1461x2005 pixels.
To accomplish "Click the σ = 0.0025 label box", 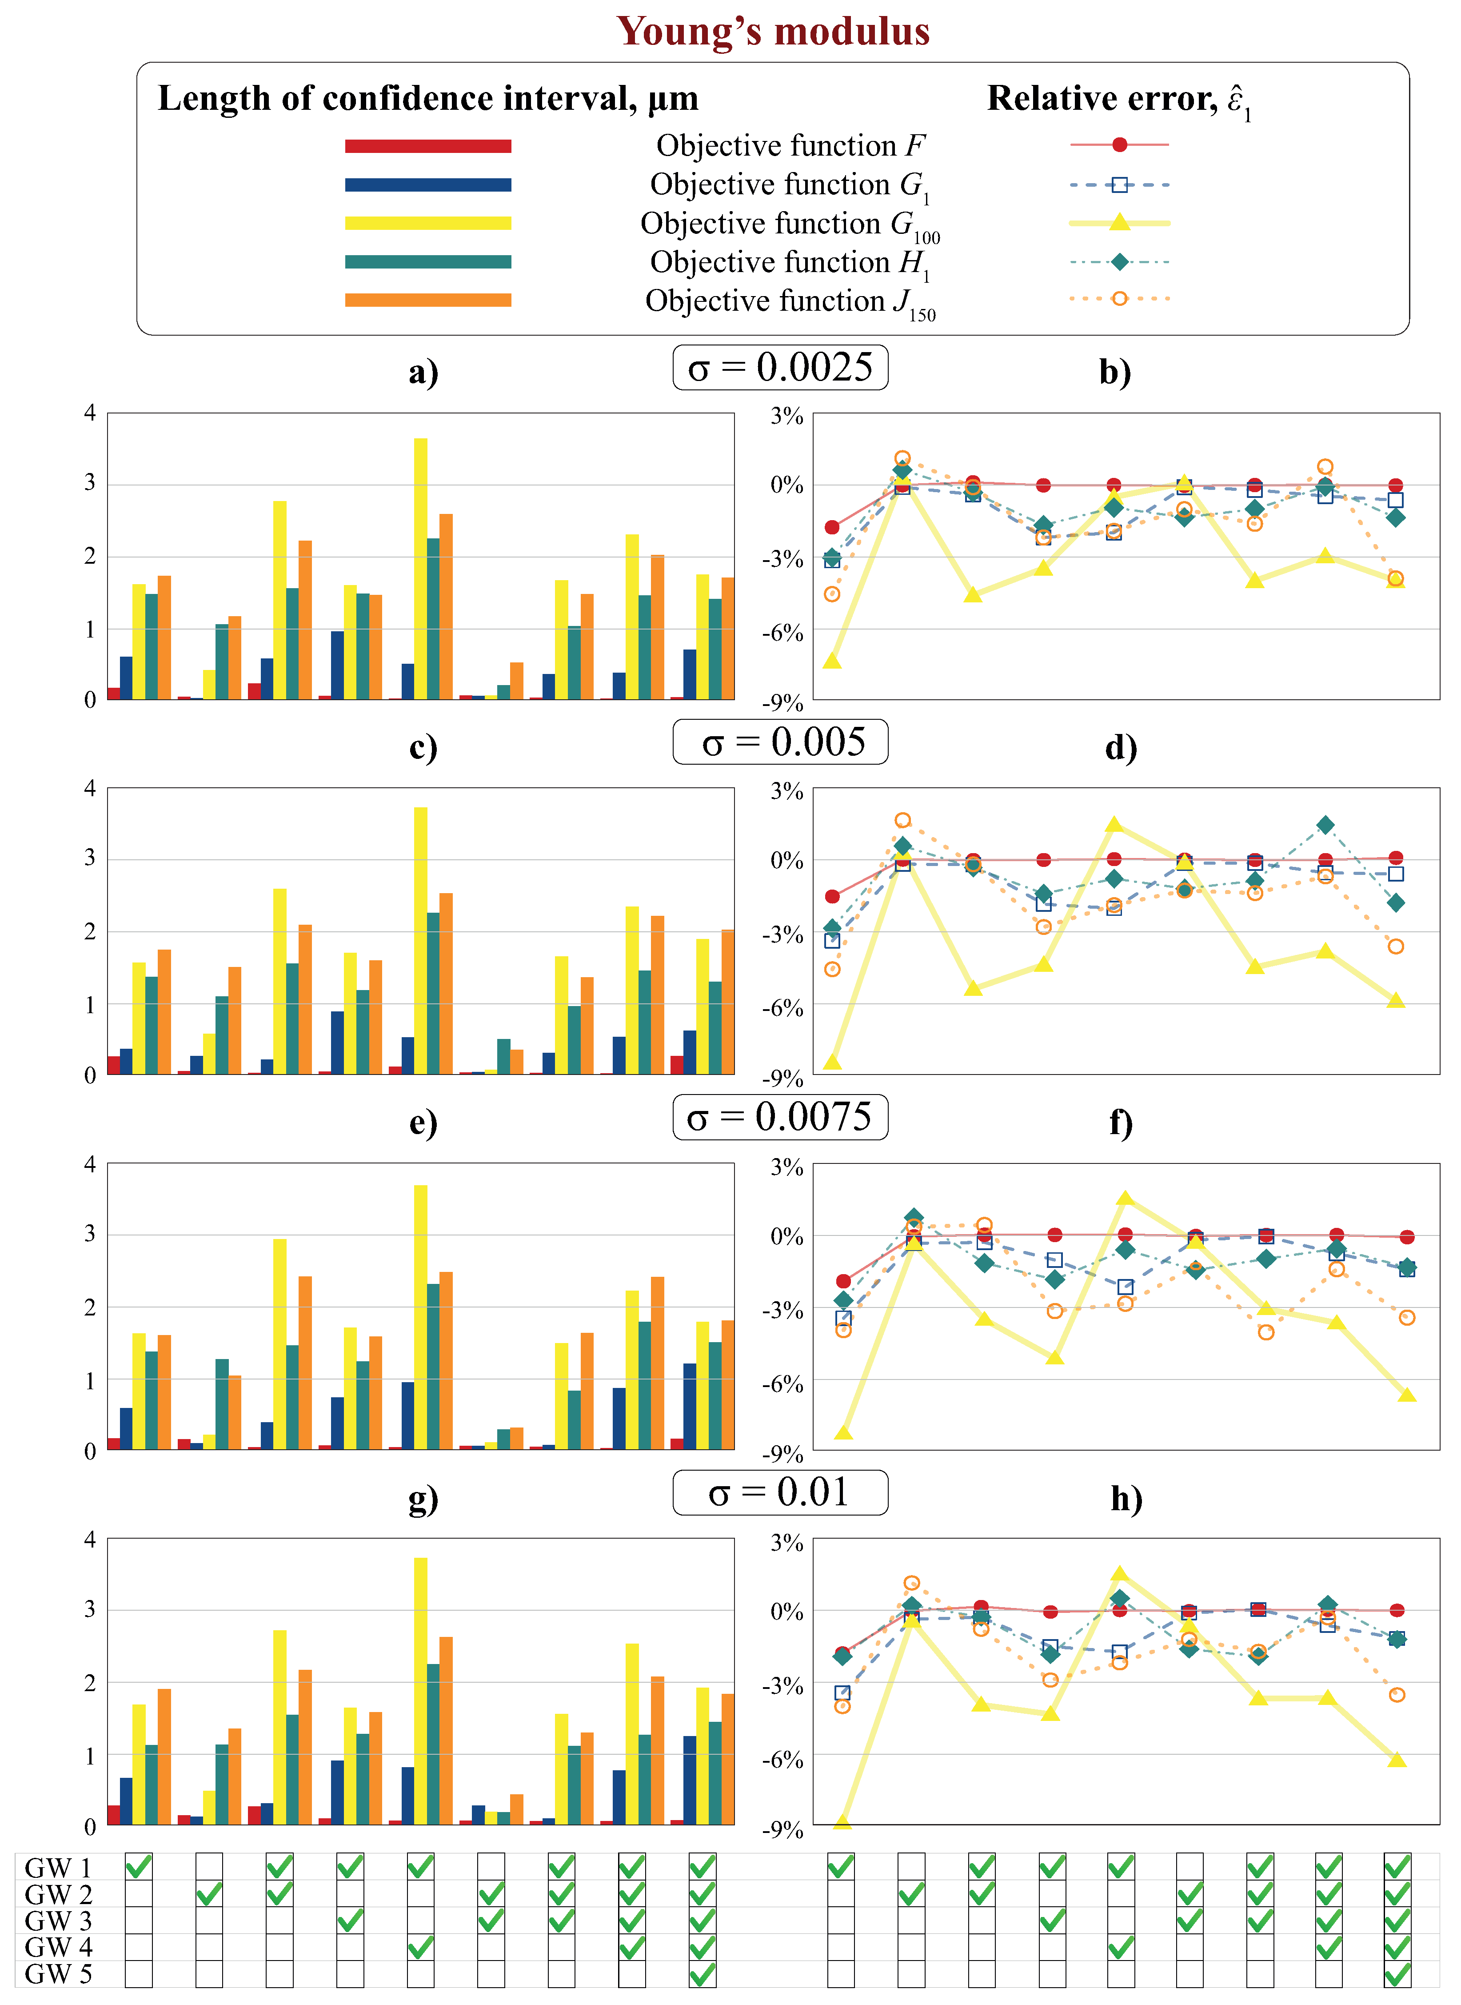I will point(780,367).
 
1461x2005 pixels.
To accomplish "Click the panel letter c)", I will point(423,748).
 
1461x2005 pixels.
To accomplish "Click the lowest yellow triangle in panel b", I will point(831,660).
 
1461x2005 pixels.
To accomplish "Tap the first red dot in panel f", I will point(843,1280).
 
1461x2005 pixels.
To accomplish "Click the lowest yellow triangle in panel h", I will point(842,1821).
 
